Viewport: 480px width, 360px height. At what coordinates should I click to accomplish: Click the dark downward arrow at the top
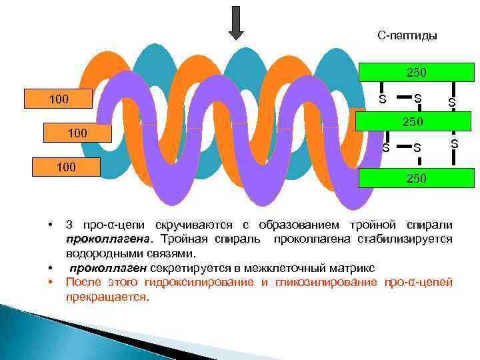click(237, 23)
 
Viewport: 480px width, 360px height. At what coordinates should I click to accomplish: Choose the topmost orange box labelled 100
click(59, 100)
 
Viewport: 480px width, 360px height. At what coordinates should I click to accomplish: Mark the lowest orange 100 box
click(66, 167)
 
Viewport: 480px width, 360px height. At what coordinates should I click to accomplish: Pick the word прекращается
click(107, 297)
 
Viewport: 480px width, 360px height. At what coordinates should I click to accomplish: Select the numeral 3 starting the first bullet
click(69, 224)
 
